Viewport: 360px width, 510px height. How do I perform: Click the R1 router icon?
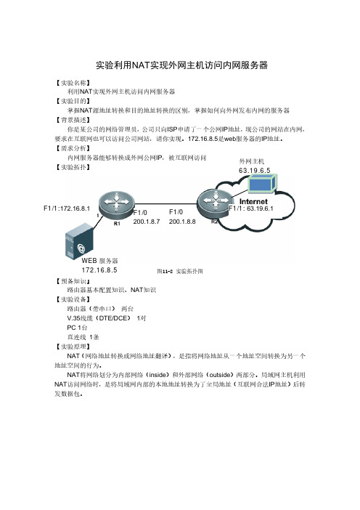point(117,204)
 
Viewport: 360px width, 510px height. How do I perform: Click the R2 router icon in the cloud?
point(216,203)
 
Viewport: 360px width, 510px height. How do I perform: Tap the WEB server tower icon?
point(79,241)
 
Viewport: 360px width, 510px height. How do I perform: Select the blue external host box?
point(263,184)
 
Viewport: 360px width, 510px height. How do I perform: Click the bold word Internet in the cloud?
point(253,202)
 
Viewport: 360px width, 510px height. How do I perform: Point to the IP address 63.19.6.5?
point(255,171)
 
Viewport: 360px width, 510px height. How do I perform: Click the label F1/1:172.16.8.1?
point(67,209)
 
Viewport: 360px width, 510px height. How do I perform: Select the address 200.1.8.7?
point(147,222)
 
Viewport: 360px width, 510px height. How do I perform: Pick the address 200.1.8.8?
point(182,222)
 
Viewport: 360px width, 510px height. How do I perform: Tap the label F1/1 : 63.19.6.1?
point(251,209)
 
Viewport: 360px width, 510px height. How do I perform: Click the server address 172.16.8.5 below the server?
point(99,270)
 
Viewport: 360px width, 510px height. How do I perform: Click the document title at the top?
point(181,65)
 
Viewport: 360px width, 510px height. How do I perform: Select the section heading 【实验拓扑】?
point(73,167)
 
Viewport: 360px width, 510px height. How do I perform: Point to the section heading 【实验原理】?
point(73,347)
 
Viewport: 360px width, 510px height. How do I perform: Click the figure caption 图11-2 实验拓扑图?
point(180,271)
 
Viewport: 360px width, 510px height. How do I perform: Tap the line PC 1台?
point(78,328)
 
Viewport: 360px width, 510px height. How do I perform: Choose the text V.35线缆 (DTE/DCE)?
point(99,318)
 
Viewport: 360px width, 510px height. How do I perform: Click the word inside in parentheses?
point(158,375)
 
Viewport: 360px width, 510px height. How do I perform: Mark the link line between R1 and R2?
point(166,204)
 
